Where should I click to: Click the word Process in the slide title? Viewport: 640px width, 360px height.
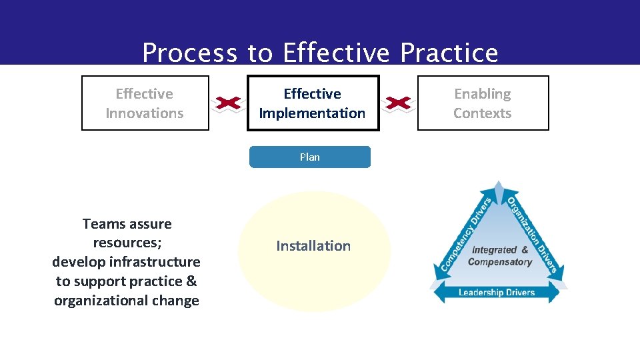tap(189, 53)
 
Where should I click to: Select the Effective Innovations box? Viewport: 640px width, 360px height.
tap(145, 103)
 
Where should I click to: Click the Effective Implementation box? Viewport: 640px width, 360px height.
tap(313, 103)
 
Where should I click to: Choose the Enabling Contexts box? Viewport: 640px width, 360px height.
tap(483, 103)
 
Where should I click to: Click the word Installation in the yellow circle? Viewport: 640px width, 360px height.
tap(313, 246)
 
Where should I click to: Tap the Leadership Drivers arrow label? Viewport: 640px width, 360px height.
tap(497, 292)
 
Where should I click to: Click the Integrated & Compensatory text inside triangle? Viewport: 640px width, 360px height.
tap(500, 256)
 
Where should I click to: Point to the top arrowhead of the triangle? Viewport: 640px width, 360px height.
tap(498, 186)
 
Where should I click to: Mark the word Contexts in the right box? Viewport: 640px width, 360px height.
tap(483, 113)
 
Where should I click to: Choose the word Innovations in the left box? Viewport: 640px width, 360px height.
tap(145, 113)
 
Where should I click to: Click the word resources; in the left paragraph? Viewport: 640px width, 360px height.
tap(127, 243)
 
